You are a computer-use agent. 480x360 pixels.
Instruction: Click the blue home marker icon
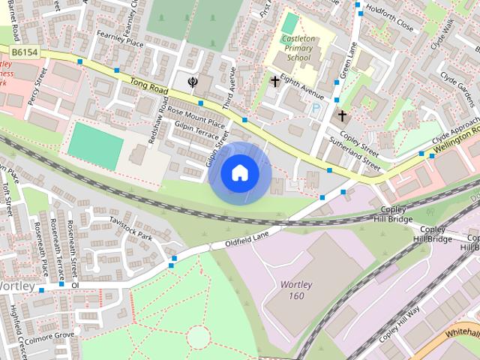click(x=239, y=173)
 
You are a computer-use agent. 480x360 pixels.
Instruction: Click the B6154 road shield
click(x=25, y=52)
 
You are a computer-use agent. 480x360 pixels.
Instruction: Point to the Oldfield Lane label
click(x=247, y=239)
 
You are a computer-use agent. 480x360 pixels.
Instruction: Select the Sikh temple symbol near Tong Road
click(x=193, y=81)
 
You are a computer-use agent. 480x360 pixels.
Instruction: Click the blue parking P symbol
click(x=316, y=109)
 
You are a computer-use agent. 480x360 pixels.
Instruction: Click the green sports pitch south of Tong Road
click(x=94, y=145)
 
